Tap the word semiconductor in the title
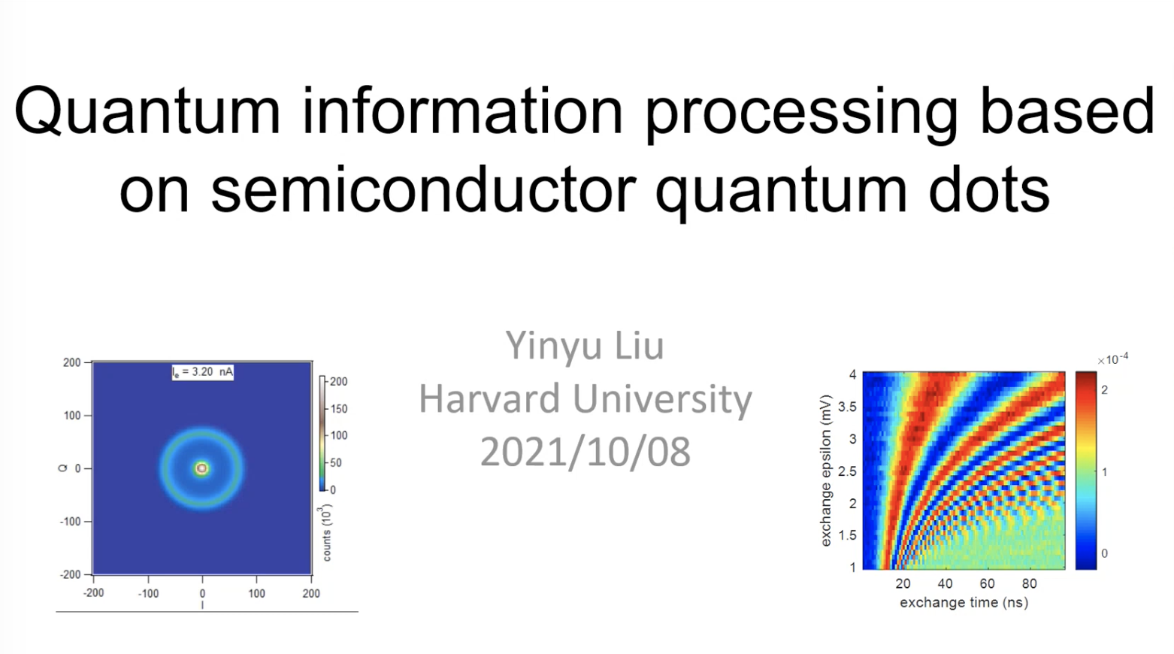click(x=423, y=189)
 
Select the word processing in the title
click(x=802, y=114)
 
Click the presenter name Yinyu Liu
click(x=585, y=346)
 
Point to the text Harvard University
click(x=585, y=399)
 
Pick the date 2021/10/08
click(x=585, y=452)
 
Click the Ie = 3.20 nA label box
click(x=203, y=372)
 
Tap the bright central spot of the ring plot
click(x=201, y=468)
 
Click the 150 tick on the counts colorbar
click(x=338, y=409)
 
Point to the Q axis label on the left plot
click(x=63, y=468)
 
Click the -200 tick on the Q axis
click(x=71, y=574)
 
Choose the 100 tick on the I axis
click(x=256, y=593)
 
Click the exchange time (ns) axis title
click(x=964, y=603)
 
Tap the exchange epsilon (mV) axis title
click(x=826, y=471)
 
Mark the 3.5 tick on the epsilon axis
click(x=848, y=407)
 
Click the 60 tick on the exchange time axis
click(x=987, y=583)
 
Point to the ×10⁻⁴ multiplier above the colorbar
click(x=1112, y=359)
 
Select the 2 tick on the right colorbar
click(x=1104, y=390)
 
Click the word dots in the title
click(x=990, y=189)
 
